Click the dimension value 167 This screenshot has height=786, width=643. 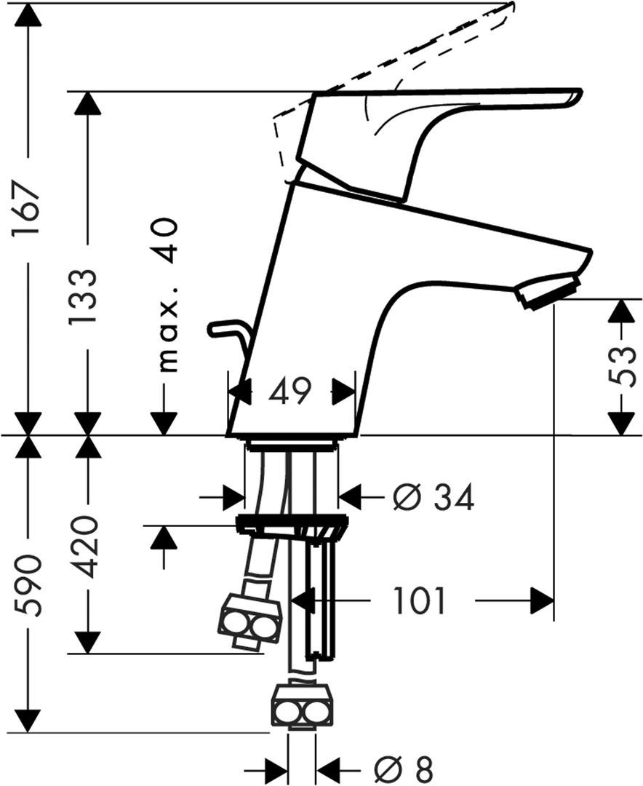27,212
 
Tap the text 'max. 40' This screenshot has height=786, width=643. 167,294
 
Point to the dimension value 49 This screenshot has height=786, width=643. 289,392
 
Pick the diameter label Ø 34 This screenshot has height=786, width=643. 434,499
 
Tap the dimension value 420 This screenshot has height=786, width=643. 87,546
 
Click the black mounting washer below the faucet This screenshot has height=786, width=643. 291,522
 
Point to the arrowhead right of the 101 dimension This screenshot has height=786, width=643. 541,601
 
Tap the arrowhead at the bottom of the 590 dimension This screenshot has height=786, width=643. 27,720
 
